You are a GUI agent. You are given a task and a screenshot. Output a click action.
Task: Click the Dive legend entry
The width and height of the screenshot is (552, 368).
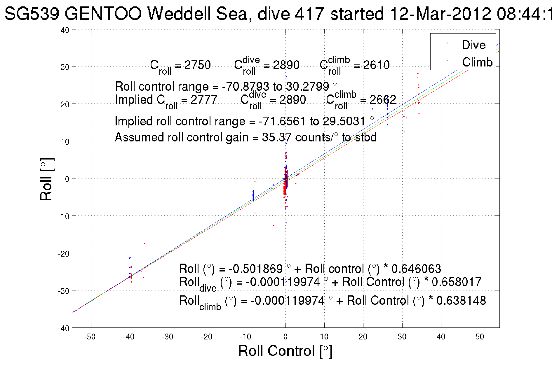tap(473, 45)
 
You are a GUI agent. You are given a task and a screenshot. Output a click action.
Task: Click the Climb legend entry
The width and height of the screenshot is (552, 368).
tap(477, 62)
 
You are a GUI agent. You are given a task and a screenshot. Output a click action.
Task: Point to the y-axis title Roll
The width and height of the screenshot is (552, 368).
tap(47, 179)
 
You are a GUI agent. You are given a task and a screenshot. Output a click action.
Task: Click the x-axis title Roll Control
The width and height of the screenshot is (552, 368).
tap(285, 351)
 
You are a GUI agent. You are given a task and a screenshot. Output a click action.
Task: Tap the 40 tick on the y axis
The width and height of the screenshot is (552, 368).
tap(65, 30)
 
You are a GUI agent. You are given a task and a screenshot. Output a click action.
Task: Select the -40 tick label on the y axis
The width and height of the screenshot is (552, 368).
tap(64, 328)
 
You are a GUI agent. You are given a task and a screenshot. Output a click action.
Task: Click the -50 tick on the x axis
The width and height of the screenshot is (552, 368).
tap(90, 337)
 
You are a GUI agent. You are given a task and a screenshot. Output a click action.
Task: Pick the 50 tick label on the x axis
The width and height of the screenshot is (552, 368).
tap(480, 337)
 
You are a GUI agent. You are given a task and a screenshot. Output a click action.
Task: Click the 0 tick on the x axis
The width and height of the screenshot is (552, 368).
tap(285, 337)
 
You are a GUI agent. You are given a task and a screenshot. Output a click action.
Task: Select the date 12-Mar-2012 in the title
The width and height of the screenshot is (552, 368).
tap(440, 14)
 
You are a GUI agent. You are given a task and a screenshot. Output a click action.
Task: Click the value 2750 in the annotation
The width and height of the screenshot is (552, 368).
tap(197, 65)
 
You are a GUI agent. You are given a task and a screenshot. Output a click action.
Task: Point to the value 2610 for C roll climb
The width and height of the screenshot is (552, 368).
tap(376, 65)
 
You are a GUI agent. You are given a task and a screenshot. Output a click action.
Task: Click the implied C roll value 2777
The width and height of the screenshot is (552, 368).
tap(204, 100)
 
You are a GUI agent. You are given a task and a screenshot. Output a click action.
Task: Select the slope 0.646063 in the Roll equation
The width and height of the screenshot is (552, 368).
tap(416, 269)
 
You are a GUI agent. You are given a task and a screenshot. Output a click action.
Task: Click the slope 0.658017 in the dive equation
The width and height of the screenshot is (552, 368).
tap(456, 282)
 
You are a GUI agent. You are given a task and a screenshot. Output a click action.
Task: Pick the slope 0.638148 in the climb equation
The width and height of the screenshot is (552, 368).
tap(461, 301)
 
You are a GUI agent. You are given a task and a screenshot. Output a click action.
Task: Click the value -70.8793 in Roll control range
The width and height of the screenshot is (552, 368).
tap(245, 87)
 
